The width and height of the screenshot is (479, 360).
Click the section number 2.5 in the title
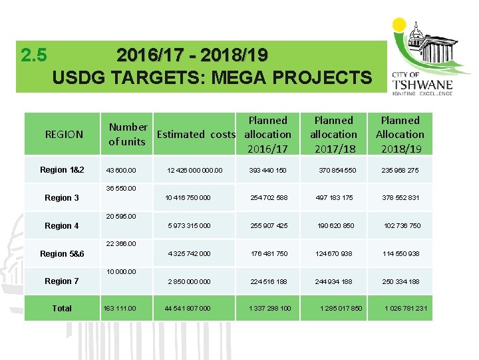[x=33, y=55]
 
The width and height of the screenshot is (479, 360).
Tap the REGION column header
[x=64, y=134]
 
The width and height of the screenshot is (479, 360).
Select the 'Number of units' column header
[x=128, y=134]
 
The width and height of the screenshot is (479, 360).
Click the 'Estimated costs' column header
[x=196, y=134]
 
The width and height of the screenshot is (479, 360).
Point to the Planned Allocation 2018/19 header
[x=399, y=134]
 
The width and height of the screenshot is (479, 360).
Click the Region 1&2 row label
[x=62, y=170]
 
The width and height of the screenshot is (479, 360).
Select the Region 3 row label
[x=61, y=198]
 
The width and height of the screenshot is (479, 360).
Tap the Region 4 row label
[x=61, y=226]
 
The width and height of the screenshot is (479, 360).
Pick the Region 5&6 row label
[x=62, y=254]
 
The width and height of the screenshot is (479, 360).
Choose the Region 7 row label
[x=61, y=281]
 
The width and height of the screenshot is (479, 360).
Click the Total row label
[x=62, y=308]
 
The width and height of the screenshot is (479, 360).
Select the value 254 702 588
[x=269, y=198]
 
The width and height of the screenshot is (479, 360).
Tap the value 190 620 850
[x=335, y=226]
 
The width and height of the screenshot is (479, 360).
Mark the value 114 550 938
[x=400, y=254]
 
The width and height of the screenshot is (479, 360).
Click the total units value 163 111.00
[x=120, y=308]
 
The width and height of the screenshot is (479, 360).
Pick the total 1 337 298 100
[x=269, y=308]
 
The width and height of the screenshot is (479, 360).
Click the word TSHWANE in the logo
[x=432, y=85]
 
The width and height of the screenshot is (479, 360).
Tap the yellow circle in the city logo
[x=399, y=25]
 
